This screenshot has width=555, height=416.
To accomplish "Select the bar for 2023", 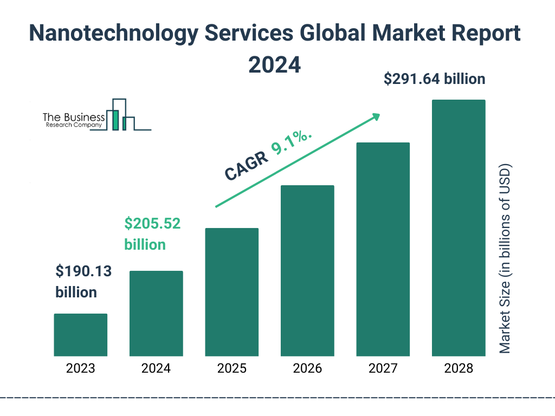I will coord(80,335).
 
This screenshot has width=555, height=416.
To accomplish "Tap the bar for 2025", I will coord(231,292).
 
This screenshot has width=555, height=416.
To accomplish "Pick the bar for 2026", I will coord(307,271).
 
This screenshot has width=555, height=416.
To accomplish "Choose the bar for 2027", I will coord(383,249).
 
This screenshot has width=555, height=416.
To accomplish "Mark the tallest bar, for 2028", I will coord(458,227).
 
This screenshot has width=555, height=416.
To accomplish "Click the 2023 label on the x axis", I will coord(80,369).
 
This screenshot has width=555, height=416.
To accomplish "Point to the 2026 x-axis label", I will coord(307,369).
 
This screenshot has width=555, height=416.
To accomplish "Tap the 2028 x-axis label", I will coord(458,369).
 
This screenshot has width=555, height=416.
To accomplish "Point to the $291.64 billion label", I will coord(434,79).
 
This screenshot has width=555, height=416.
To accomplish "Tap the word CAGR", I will coord(247,166).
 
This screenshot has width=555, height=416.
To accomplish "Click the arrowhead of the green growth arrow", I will coord(376,116).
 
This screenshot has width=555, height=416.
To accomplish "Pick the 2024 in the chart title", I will coord(274,64).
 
